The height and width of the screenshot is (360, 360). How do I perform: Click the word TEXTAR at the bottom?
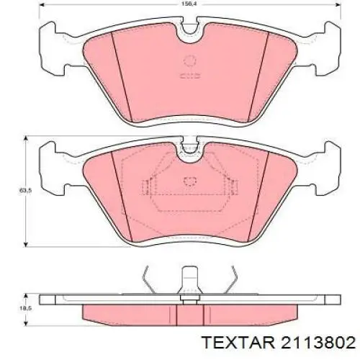[238, 342]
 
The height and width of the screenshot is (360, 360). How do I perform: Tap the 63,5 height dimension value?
[22, 191]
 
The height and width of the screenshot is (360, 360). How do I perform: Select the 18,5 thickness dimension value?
[22, 309]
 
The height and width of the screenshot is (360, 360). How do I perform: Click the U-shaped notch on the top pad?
[190, 32]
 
